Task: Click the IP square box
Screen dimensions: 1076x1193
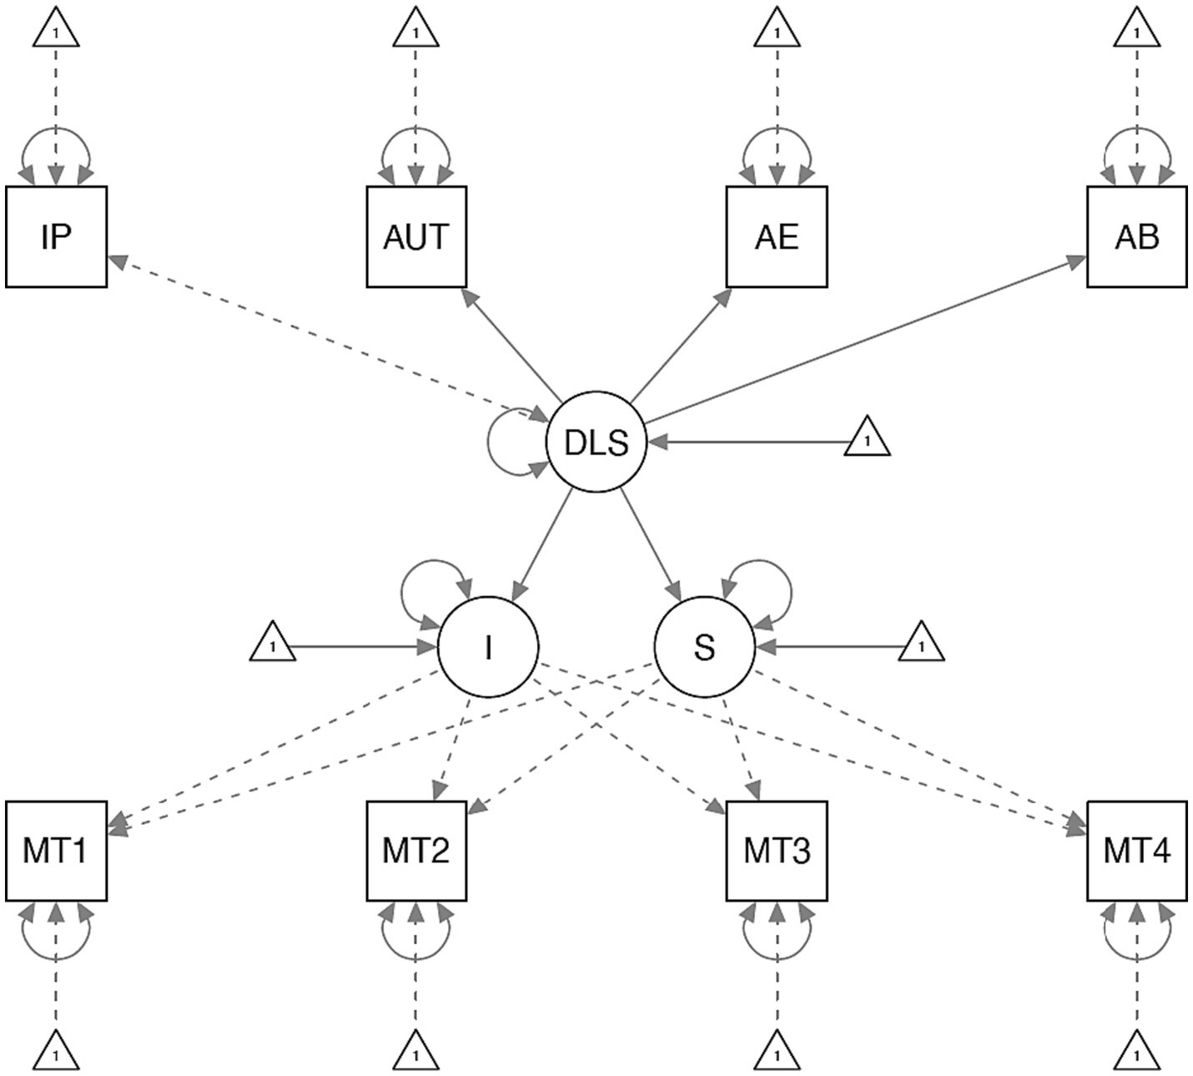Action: point(56,237)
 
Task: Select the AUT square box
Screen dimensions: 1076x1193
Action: point(416,237)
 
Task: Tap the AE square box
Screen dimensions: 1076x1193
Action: point(777,237)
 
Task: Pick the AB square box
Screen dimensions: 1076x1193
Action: point(1136,237)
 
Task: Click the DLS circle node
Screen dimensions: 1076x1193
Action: point(596,442)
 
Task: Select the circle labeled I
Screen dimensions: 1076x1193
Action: point(488,647)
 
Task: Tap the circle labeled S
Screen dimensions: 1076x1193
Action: point(705,647)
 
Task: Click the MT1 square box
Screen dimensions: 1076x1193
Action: point(56,851)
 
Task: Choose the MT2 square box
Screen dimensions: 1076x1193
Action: point(416,851)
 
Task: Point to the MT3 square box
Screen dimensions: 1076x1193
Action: point(777,851)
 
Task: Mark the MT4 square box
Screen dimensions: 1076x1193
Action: point(1136,851)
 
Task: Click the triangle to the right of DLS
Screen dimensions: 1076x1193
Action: point(868,439)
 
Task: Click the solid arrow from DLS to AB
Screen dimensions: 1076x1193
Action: point(859,341)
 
